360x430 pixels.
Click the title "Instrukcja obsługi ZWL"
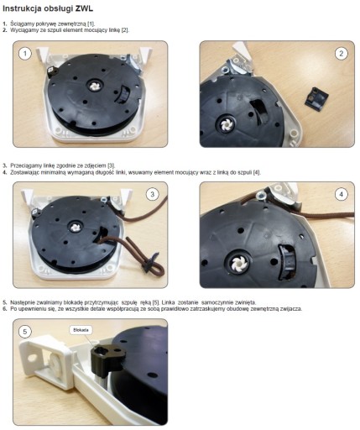[x=48, y=8]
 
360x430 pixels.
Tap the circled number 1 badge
[x=25, y=53]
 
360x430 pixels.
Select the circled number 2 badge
[x=341, y=54]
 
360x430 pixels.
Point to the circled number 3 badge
[x=153, y=194]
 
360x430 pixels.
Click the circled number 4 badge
[x=341, y=194]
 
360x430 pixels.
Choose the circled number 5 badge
[x=25, y=332]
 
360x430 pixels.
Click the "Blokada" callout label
[x=81, y=330]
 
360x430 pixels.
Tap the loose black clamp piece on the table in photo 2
[x=316, y=97]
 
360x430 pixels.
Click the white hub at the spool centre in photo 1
[x=91, y=87]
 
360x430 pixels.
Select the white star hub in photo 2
[x=226, y=125]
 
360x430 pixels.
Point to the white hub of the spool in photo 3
[x=75, y=227]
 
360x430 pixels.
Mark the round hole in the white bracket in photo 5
[x=32, y=358]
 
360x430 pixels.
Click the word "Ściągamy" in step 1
[x=23, y=24]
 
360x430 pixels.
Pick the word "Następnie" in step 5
[x=23, y=302]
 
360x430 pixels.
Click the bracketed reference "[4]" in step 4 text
[x=257, y=172]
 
